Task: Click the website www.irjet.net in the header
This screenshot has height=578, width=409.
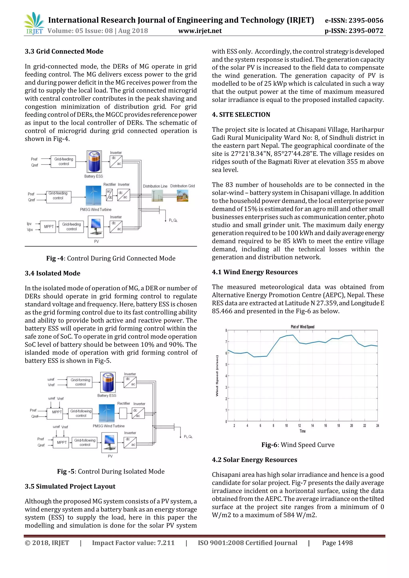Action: (x=200, y=31)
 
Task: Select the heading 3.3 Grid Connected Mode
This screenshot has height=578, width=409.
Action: (x=64, y=51)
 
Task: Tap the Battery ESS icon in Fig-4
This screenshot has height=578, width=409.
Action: (x=94, y=162)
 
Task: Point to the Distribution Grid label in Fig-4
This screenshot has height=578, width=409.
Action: (x=182, y=186)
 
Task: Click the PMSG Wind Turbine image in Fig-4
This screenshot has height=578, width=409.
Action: (x=93, y=196)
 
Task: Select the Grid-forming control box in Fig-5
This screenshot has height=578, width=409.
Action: (x=80, y=382)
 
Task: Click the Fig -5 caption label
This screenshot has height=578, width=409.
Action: (x=66, y=471)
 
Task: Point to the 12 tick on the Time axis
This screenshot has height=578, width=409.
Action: (x=299, y=426)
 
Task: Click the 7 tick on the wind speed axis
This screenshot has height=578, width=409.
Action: (x=226, y=342)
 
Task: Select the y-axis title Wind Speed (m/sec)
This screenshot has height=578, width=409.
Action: (x=217, y=376)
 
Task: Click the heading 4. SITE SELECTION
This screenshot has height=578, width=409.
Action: (x=241, y=115)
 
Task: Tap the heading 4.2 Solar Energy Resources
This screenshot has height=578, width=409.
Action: (x=254, y=460)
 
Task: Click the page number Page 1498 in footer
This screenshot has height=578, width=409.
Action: (x=337, y=543)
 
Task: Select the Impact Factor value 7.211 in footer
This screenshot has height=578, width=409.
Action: (x=133, y=543)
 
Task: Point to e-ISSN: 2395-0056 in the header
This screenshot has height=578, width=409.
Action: (x=354, y=20)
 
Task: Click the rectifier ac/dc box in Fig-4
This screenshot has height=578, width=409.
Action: (x=109, y=195)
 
